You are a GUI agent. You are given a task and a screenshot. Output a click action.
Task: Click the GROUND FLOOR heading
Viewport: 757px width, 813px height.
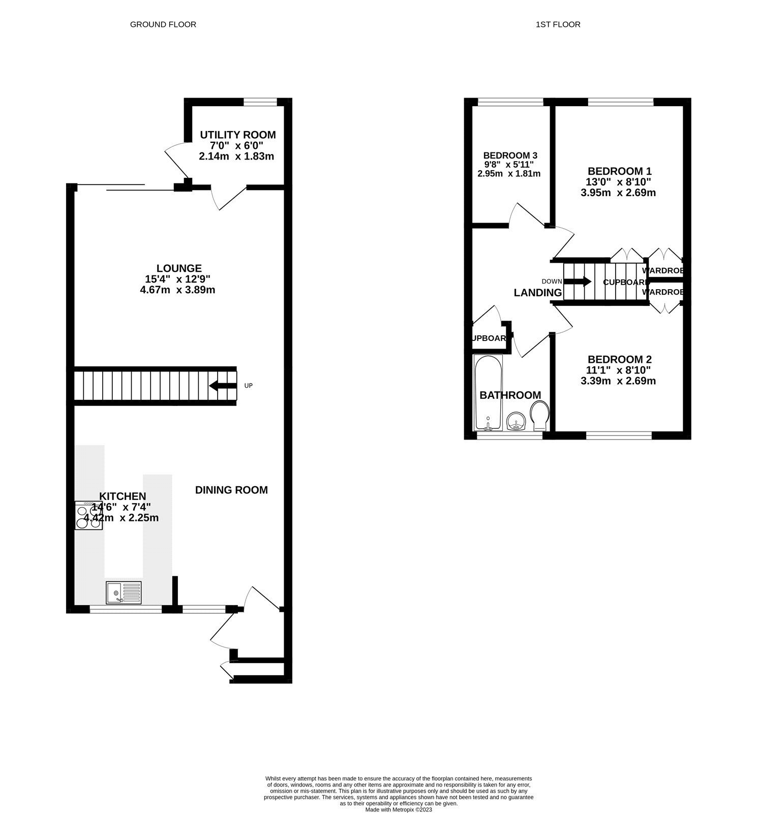click(163, 24)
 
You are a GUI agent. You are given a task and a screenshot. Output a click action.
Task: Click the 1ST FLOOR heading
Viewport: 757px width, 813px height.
click(558, 24)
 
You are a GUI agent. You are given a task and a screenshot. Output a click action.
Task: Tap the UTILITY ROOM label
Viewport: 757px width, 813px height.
click(237, 135)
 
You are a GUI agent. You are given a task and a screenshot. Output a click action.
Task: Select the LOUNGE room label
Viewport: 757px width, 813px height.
click(179, 268)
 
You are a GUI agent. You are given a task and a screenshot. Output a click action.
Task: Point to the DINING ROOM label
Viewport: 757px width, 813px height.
click(231, 490)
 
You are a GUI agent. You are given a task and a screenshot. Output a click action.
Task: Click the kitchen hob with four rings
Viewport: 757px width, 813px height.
click(89, 515)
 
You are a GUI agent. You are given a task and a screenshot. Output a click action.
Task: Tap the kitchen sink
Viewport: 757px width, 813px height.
click(124, 592)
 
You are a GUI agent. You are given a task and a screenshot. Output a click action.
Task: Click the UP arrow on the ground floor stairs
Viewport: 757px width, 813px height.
click(223, 386)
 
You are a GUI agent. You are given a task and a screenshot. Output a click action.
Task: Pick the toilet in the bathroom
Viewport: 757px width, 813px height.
click(539, 414)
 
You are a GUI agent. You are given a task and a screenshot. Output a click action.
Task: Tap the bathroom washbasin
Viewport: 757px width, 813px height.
click(517, 422)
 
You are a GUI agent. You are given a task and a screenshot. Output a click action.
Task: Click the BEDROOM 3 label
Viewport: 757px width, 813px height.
click(510, 155)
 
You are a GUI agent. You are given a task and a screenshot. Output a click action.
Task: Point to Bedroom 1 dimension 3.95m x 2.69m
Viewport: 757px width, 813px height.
click(618, 193)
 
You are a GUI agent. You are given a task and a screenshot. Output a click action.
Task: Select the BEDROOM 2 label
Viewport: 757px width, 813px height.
click(619, 359)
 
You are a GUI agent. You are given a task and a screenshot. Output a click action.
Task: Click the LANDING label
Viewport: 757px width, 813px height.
click(537, 293)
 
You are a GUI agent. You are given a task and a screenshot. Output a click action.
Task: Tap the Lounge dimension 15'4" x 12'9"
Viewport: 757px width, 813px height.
click(177, 279)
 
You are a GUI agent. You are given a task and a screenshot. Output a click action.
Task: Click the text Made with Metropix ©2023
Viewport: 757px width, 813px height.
click(399, 809)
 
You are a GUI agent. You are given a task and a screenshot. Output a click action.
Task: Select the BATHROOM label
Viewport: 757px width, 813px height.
click(510, 395)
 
